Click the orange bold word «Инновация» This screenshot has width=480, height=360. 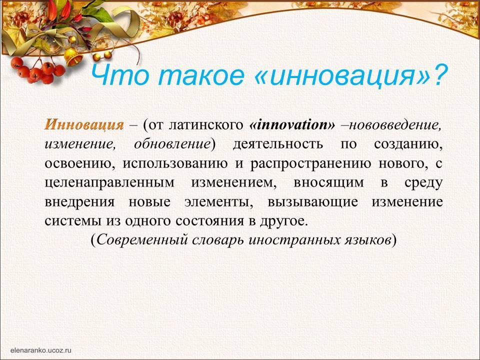(84, 125)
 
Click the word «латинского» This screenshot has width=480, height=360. (205, 125)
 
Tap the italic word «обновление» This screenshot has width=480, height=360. (171, 144)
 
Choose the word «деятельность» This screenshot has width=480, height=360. (277, 144)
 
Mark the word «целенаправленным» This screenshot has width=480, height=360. (109, 183)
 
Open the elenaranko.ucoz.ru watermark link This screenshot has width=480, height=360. (40, 350)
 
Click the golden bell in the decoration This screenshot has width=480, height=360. (73, 56)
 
